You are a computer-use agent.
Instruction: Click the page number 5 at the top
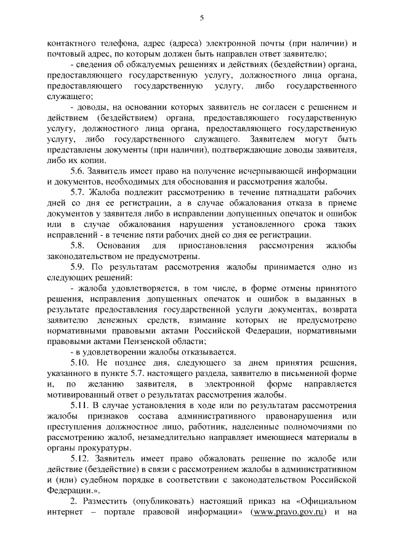tap(201, 18)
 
